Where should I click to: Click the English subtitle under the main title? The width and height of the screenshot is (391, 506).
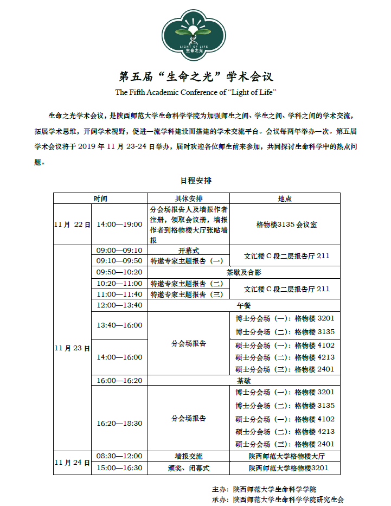tap(196, 92)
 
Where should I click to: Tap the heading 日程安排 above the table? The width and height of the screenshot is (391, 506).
tap(196, 181)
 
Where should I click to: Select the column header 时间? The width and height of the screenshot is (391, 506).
tap(100, 198)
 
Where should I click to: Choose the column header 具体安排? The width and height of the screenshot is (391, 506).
tap(189, 198)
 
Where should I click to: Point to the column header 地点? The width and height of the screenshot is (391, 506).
tap(285, 198)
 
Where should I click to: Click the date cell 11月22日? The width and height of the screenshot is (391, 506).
tap(73, 225)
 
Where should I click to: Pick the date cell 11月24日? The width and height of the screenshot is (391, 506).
tap(73, 462)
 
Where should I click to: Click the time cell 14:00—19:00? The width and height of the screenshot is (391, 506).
tap(119, 225)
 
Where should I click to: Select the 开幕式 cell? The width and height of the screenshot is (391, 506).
tap(189, 251)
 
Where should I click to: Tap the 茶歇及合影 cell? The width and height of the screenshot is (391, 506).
tap(243, 272)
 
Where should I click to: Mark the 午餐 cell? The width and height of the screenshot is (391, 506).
tap(243, 305)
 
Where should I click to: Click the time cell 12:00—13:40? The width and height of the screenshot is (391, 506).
tap(119, 305)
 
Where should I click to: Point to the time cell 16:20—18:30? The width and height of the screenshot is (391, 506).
tap(119, 423)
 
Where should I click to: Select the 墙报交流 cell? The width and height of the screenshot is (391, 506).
tap(189, 456)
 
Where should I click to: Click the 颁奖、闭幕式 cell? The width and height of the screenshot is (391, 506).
tap(189, 468)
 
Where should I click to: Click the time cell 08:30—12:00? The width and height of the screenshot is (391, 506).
tap(119, 456)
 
